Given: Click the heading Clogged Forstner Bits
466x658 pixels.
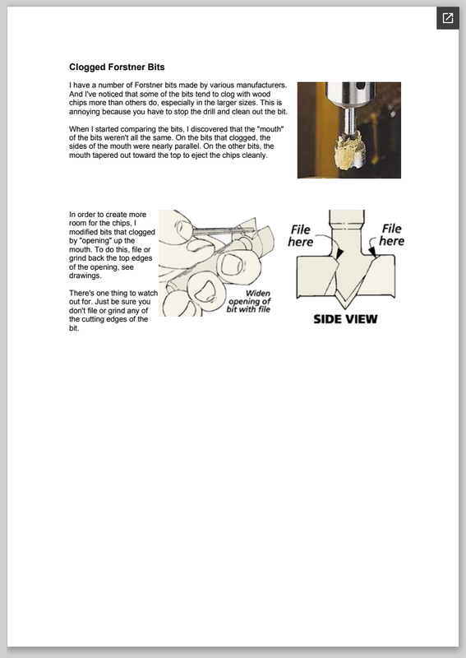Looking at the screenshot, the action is click(x=117, y=67).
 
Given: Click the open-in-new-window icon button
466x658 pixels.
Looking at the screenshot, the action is click(x=448, y=18).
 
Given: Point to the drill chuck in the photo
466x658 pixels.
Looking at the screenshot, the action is click(x=349, y=95).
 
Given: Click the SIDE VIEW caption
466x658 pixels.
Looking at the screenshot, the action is click(x=345, y=319).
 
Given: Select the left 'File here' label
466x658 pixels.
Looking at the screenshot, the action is click(x=301, y=236).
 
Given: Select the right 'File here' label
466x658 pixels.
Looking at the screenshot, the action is click(x=392, y=234).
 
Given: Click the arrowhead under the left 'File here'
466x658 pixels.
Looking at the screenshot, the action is click(x=339, y=253).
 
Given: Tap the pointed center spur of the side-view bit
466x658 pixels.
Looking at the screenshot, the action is click(x=345, y=303).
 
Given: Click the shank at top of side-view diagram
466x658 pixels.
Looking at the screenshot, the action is click(x=347, y=220).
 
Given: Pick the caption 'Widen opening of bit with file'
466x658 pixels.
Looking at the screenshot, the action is click(x=249, y=301).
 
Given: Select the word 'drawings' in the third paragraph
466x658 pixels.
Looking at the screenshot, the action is click(x=85, y=276).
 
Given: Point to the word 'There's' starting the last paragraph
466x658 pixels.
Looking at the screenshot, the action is click(x=81, y=293).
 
